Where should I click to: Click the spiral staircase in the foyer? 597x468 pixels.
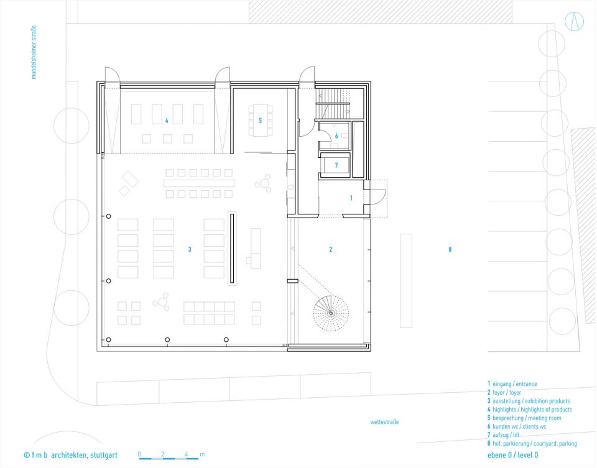pos(331,313)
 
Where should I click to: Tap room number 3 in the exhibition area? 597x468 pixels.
pos(190,249)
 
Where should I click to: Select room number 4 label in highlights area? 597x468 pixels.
pos(167,121)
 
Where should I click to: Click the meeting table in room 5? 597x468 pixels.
pos(261,121)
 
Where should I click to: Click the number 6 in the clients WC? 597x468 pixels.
pos(336,136)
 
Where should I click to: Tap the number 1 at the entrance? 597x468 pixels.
pos(351,198)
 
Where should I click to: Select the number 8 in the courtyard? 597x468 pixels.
pos(450,249)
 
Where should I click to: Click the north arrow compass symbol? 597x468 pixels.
pos(574,21)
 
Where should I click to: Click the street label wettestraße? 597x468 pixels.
pos(384,422)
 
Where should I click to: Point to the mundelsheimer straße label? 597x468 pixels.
pos(34,52)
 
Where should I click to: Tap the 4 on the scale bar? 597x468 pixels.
pos(186,454)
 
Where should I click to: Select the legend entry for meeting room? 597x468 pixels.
pos(524,418)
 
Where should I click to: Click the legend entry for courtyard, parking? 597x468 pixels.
pos(532,443)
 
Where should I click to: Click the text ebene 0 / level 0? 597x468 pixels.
pos(513,455)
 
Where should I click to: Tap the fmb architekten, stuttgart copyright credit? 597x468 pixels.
pos(71,455)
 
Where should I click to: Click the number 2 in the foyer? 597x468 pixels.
pos(330,249)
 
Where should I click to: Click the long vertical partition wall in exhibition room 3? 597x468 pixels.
pos(232,248)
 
